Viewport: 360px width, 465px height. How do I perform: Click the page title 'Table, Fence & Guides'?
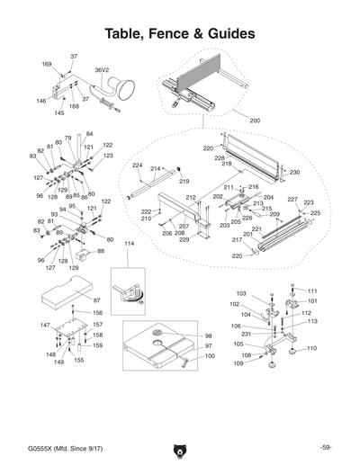pyautogui.click(x=180, y=34)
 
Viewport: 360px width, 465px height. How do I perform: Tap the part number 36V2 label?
pyautogui.click(x=102, y=67)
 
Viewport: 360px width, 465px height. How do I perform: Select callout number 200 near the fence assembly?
pyautogui.click(x=255, y=120)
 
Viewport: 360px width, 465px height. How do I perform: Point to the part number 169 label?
pyautogui.click(x=47, y=64)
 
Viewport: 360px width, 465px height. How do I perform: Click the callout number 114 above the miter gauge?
pyautogui.click(x=128, y=244)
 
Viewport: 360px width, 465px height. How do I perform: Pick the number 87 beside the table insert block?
pyautogui.click(x=96, y=300)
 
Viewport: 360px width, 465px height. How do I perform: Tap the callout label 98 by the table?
pyautogui.click(x=208, y=335)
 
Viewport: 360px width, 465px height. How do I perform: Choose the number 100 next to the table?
pyautogui.click(x=209, y=356)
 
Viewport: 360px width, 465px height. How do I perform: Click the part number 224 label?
pyautogui.click(x=137, y=165)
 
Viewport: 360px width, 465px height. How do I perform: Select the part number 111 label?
pyautogui.click(x=312, y=291)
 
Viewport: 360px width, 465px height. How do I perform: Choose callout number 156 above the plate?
pyautogui.click(x=98, y=313)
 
